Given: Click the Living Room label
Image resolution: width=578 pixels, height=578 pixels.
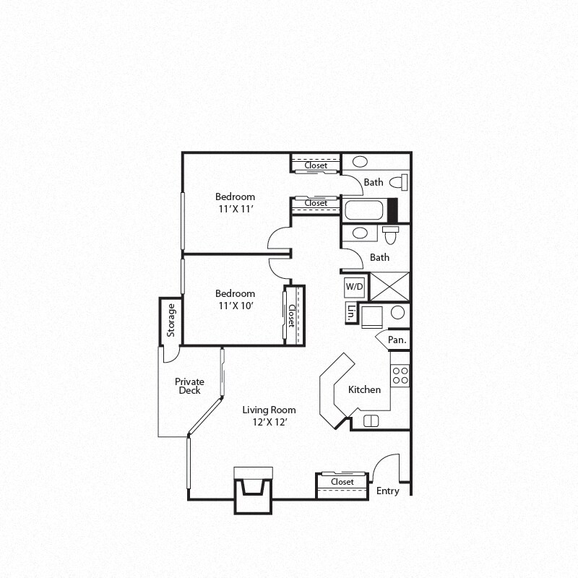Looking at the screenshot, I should pos(269,410).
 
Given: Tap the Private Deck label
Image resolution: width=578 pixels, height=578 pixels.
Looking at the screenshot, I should pos(189,386).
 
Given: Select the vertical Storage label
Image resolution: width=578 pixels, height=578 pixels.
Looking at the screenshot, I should pos(171,321).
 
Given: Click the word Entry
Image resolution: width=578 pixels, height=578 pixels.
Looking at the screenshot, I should pos(387,491).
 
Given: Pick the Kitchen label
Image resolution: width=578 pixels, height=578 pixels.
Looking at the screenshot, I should pos(364,390).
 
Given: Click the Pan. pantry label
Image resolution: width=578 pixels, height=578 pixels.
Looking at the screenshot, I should pos(397,340).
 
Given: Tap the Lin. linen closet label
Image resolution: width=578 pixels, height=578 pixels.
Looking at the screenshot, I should pos(351,313).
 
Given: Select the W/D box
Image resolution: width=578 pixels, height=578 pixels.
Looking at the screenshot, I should pos(354,287).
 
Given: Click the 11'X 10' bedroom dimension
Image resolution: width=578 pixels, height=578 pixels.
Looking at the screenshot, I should pos(236,305).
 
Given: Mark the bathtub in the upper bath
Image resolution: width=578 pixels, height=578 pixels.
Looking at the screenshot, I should pos(366,210).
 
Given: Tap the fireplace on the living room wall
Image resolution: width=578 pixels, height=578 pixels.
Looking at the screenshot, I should pos(252,489).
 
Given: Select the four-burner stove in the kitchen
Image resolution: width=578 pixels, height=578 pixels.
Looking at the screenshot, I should pos(400,375).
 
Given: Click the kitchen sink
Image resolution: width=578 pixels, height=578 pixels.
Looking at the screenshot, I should pos(371,421).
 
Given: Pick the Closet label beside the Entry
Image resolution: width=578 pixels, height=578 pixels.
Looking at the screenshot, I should pos(342,482).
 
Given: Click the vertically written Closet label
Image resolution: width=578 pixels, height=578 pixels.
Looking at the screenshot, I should pos(292,316).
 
